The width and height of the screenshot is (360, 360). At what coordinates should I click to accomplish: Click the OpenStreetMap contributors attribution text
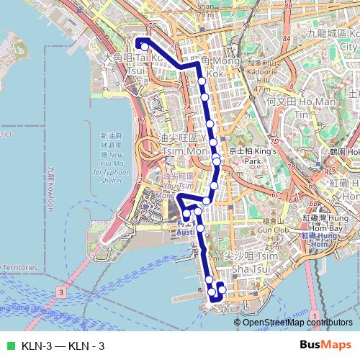[297, 322]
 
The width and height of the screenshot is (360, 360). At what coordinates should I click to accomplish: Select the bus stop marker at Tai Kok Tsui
[144, 47]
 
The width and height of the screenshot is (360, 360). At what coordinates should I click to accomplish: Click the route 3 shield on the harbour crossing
[63, 292]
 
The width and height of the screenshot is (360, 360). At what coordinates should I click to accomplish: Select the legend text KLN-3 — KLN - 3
[63, 346]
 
